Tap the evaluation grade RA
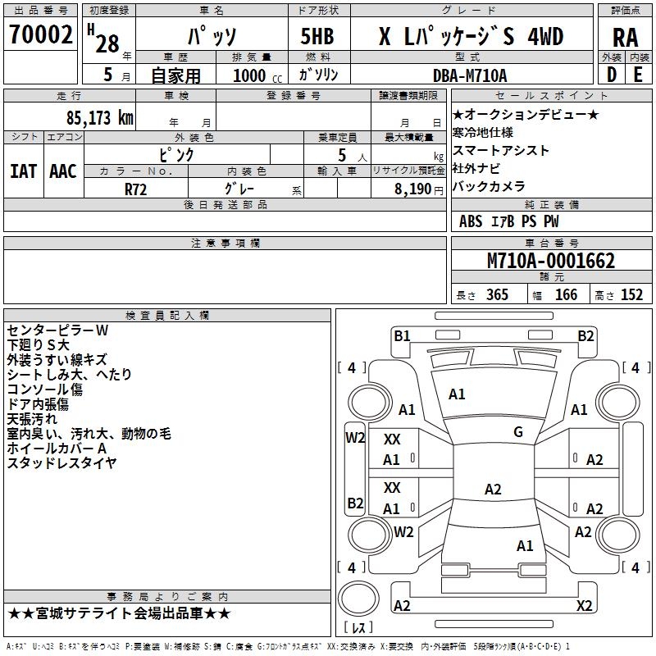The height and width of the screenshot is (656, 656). tap(625, 37)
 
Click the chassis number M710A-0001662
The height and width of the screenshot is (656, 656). tap(550, 262)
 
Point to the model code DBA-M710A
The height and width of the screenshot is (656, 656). tap(470, 75)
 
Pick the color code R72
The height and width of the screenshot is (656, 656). tap(135, 189)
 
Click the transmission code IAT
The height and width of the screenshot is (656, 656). tap(23, 171)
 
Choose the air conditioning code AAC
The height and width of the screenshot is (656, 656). tap(62, 171)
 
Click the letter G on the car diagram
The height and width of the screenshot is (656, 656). tap(518, 432)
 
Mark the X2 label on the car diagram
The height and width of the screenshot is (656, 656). tap(584, 606)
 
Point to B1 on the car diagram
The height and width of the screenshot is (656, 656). tap(402, 335)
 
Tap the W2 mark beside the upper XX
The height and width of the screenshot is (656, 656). tap(355, 438)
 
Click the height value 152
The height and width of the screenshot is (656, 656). tap(631, 295)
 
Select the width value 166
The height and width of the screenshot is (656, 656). tap(566, 295)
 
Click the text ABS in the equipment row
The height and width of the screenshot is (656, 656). tap(471, 221)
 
